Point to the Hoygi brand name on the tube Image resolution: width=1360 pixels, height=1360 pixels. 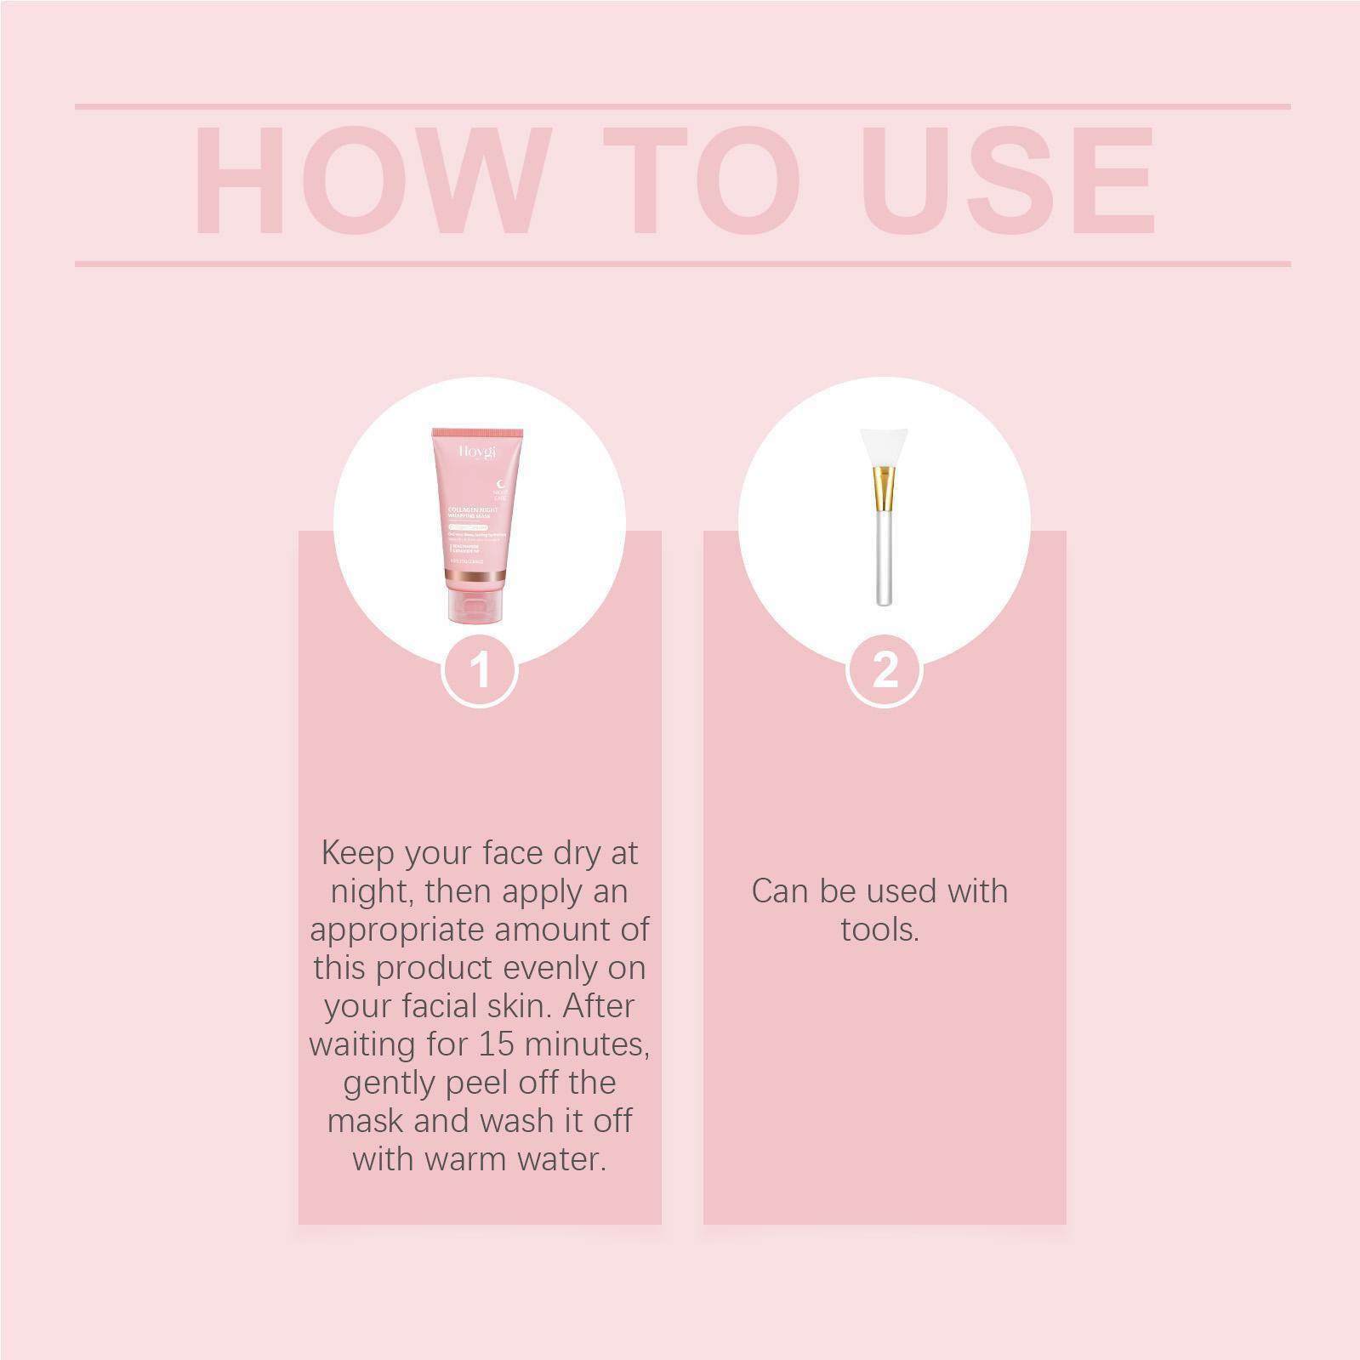pyautogui.click(x=477, y=452)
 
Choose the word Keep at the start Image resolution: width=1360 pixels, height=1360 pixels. pyautogui.click(x=354, y=852)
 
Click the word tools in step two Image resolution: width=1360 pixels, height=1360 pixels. pyautogui.click(x=879, y=929)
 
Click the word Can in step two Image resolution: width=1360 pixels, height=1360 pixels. pyautogui.click(x=781, y=891)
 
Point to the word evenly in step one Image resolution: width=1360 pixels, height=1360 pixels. pyautogui.click(x=551, y=967)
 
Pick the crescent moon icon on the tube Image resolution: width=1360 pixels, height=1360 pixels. pyautogui.click(x=500, y=484)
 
